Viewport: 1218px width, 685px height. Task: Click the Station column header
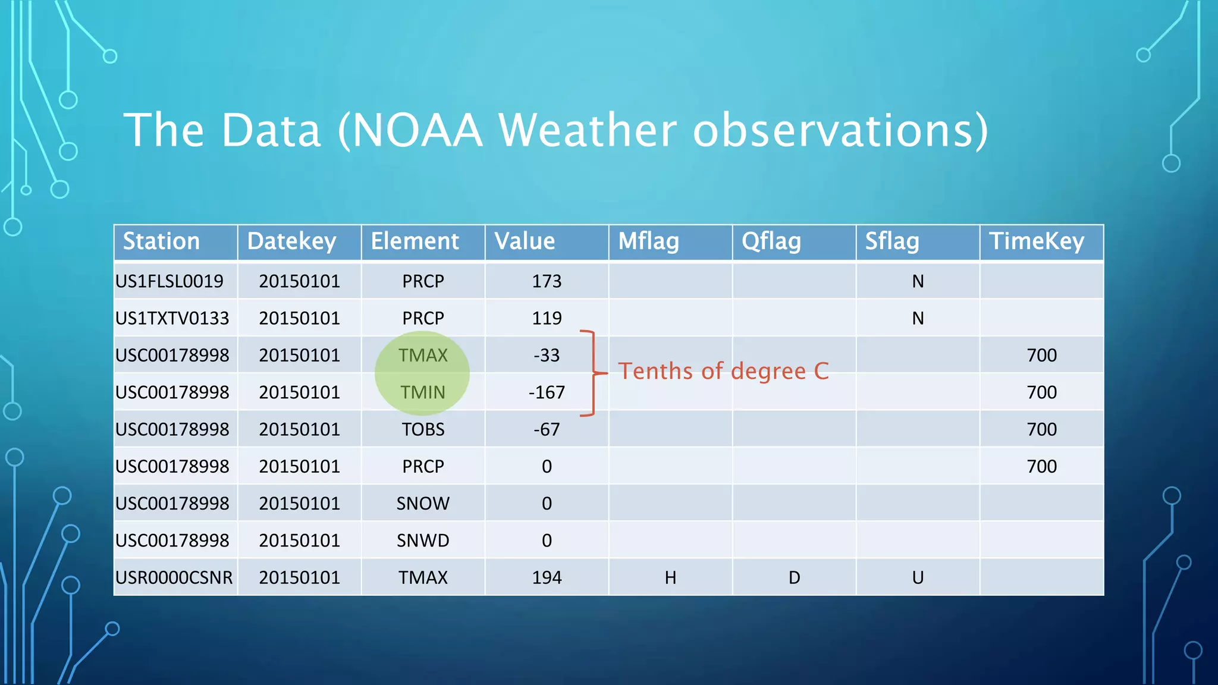tap(161, 241)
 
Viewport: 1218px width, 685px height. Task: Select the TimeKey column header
tap(1036, 241)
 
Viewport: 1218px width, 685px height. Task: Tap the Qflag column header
tap(771, 241)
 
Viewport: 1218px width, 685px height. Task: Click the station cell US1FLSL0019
tap(169, 281)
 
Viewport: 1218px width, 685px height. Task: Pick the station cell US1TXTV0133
tap(172, 318)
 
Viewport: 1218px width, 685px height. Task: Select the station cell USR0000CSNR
tap(174, 577)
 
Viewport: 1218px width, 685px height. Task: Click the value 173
tap(547, 281)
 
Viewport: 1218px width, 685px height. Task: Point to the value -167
tap(547, 392)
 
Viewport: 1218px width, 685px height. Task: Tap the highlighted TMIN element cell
tap(422, 392)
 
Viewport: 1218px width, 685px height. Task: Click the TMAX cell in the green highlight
tap(422, 356)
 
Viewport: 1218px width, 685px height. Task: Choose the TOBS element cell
tap(423, 429)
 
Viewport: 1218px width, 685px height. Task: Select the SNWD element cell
tap(423, 541)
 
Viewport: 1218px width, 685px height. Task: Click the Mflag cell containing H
tap(670, 577)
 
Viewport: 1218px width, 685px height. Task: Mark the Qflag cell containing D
tap(794, 577)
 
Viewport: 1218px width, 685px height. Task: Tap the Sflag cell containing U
tap(918, 577)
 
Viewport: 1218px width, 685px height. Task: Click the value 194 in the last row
tap(547, 577)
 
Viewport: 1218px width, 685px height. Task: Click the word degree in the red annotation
tap(768, 372)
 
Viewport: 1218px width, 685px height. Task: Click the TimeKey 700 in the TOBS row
tap(1041, 429)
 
